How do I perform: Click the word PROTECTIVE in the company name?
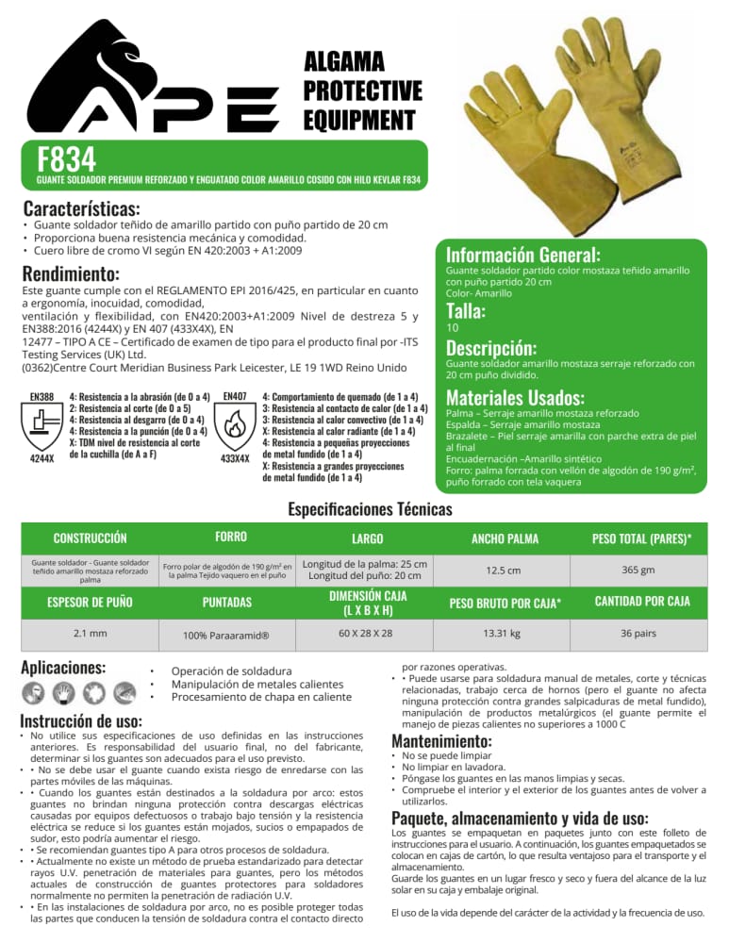click(362, 91)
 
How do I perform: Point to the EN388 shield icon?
click(41, 422)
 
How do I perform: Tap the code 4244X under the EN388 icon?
click(41, 458)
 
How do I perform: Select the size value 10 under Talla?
click(452, 327)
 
